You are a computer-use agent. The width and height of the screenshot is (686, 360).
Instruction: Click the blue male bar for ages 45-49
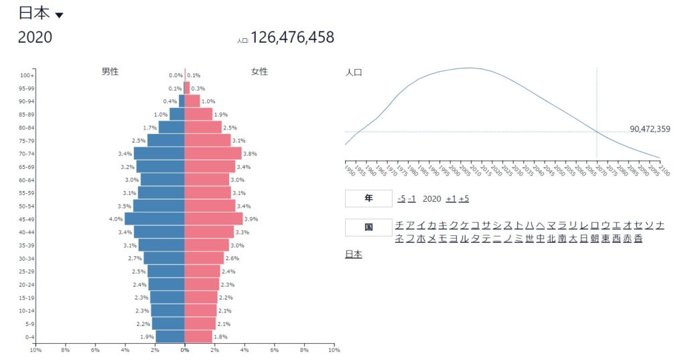[155, 219]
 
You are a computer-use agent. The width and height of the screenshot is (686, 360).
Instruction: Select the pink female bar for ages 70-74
[213, 154]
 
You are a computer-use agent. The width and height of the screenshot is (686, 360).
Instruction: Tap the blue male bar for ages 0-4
[170, 337]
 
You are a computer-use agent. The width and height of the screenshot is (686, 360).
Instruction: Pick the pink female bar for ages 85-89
[198, 115]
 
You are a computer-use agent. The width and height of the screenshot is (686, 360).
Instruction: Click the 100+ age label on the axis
[27, 75]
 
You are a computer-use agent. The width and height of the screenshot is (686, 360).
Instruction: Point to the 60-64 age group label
[27, 180]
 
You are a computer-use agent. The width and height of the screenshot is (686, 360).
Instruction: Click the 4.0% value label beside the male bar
[116, 219]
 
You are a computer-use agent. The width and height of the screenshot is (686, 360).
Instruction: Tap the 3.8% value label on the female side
[251, 154]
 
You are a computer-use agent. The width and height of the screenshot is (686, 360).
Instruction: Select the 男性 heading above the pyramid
[110, 72]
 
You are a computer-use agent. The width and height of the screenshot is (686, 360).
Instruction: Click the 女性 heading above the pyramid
[259, 72]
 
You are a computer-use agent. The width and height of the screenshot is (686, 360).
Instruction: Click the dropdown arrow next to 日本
[59, 15]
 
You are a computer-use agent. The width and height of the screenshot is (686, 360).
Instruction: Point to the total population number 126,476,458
[292, 37]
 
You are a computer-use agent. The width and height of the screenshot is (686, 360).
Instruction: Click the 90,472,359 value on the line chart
[650, 129]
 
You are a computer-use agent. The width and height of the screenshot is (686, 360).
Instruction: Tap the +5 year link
[464, 198]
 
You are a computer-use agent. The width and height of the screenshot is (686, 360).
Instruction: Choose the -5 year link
[401, 198]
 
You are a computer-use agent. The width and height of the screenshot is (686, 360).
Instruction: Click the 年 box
[368, 198]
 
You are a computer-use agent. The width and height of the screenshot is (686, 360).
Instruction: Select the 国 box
[368, 227]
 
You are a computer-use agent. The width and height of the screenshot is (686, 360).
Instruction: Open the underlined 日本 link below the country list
[353, 254]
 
